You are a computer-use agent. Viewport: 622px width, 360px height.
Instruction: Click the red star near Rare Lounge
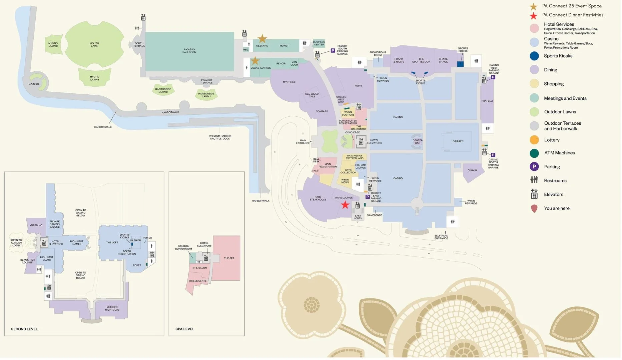pyautogui.click(x=345, y=205)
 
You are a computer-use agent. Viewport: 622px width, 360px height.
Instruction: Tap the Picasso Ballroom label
pyautogui.click(x=189, y=51)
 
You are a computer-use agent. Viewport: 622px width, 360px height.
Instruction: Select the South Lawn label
pyautogui.click(x=94, y=44)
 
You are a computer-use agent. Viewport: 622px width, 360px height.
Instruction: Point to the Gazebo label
pyautogui.click(x=34, y=84)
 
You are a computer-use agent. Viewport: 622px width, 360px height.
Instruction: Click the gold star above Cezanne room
pyautogui.click(x=262, y=39)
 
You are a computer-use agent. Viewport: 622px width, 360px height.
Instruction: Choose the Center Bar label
pyautogui.click(x=418, y=142)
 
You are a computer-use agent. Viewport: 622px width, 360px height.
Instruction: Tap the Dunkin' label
pyautogui.click(x=472, y=170)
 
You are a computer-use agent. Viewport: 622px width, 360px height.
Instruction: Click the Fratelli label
pyautogui.click(x=487, y=101)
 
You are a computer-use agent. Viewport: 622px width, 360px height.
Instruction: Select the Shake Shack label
pyautogui.click(x=443, y=60)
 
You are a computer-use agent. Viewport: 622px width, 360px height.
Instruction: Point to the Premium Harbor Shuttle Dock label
pyautogui.click(x=220, y=137)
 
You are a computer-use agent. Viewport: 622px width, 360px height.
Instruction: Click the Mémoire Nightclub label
pyautogui.click(x=112, y=308)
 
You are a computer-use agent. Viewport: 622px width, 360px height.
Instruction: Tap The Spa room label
pyautogui.click(x=229, y=258)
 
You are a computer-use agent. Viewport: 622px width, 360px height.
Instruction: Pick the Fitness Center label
pyautogui.click(x=198, y=281)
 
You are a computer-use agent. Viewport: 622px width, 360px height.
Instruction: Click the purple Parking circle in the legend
pyautogui.click(x=534, y=167)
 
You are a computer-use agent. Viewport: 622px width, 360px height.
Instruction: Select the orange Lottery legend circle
pyautogui.click(x=534, y=140)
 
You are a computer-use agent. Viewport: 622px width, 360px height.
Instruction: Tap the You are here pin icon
pyautogui.click(x=534, y=209)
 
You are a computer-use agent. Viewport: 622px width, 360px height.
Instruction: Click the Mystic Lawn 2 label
pyautogui.click(x=53, y=44)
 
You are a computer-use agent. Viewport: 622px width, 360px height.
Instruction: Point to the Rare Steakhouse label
pyautogui.click(x=318, y=198)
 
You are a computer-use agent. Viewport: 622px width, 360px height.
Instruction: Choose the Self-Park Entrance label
pyautogui.click(x=441, y=237)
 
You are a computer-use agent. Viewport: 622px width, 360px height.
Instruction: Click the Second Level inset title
pyautogui.click(x=24, y=329)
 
